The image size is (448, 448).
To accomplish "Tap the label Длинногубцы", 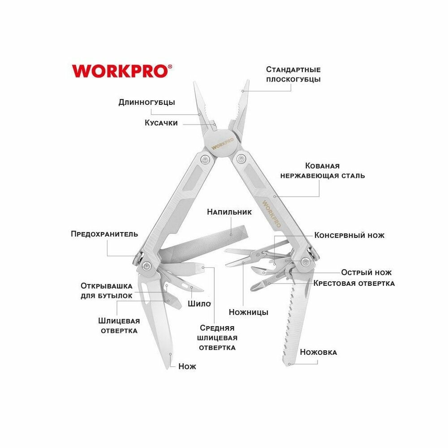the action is pyautogui.click(x=146, y=102).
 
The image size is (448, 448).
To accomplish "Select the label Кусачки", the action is pyautogui.click(x=161, y=123).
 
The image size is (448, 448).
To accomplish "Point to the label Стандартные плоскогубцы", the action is pyautogui.click(x=293, y=74).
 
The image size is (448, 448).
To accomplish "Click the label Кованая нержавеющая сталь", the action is pyautogui.click(x=323, y=171).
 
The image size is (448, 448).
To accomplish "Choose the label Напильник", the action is pyautogui.click(x=229, y=211).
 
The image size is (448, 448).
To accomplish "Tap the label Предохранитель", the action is pyautogui.click(x=104, y=234).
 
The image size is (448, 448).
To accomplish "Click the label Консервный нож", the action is pyautogui.click(x=349, y=235).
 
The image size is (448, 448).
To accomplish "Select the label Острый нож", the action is pyautogui.click(x=366, y=272).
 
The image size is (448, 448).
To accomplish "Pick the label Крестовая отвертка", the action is pyautogui.click(x=354, y=283).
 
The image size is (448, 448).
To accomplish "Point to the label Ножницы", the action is pyautogui.click(x=249, y=312).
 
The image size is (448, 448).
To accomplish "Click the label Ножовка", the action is pyautogui.click(x=319, y=352).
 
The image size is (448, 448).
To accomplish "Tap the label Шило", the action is pyautogui.click(x=199, y=304).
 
